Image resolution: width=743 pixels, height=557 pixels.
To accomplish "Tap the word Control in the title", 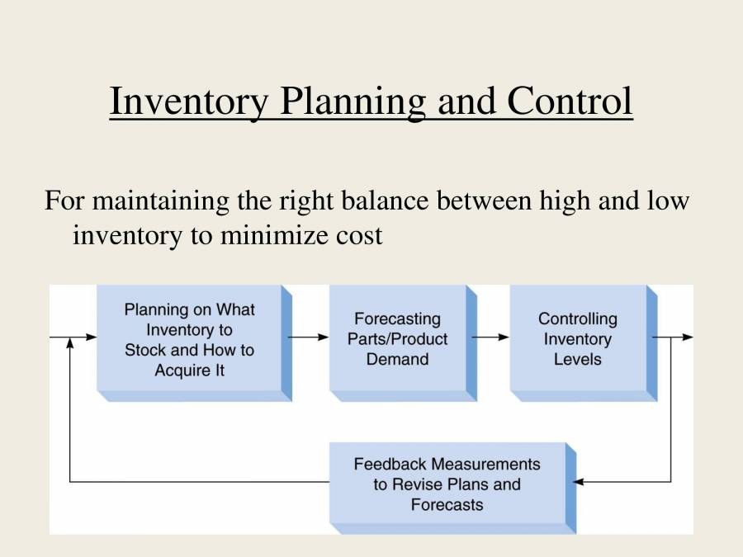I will point(570,101).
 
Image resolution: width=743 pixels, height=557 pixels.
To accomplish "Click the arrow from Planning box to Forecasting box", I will point(310,338).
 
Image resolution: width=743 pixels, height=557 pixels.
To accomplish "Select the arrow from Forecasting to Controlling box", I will point(492,338).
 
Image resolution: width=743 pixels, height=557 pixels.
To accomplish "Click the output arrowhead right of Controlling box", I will point(688,338).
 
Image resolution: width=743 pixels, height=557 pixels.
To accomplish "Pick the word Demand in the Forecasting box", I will point(397,360).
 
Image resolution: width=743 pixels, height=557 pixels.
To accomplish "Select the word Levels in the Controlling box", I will point(577,360).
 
